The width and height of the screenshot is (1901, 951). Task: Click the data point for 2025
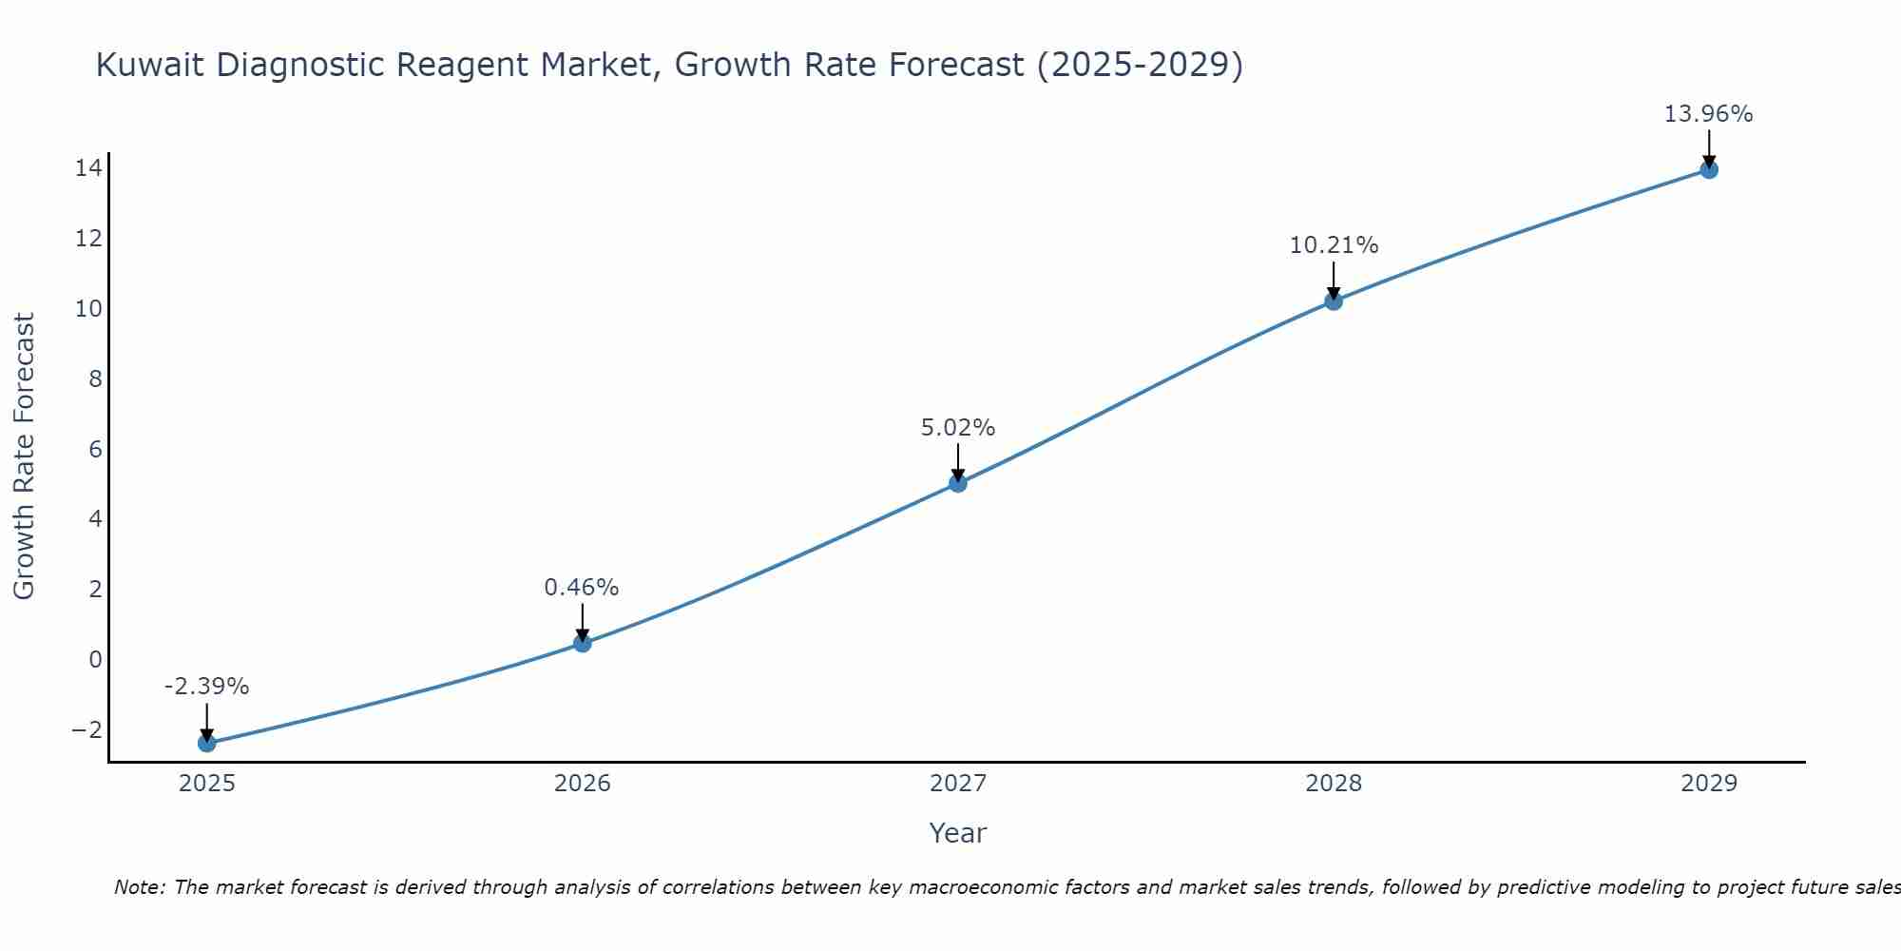207,743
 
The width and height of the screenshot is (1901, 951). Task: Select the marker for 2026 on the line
583,644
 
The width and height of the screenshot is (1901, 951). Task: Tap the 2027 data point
958,483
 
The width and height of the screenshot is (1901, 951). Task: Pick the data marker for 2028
1334,301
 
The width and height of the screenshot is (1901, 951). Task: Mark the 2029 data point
1709,170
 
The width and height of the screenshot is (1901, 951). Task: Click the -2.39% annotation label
206,687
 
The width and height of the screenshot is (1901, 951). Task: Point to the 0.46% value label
582,588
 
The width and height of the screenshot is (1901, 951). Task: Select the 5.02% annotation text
958,428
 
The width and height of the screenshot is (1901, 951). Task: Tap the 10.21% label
1334,245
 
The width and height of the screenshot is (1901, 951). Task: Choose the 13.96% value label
1708,114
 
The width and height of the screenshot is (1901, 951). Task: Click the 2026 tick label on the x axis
583,784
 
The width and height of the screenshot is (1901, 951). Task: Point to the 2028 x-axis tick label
1334,784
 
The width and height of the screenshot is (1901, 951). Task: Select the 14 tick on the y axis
88,168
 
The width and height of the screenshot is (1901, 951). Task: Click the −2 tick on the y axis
86,729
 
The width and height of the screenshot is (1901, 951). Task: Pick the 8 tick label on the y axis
95,379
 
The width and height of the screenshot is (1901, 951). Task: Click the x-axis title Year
958,833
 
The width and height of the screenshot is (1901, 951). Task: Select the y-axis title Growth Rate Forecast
24,456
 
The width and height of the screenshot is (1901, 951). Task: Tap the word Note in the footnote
139,887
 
